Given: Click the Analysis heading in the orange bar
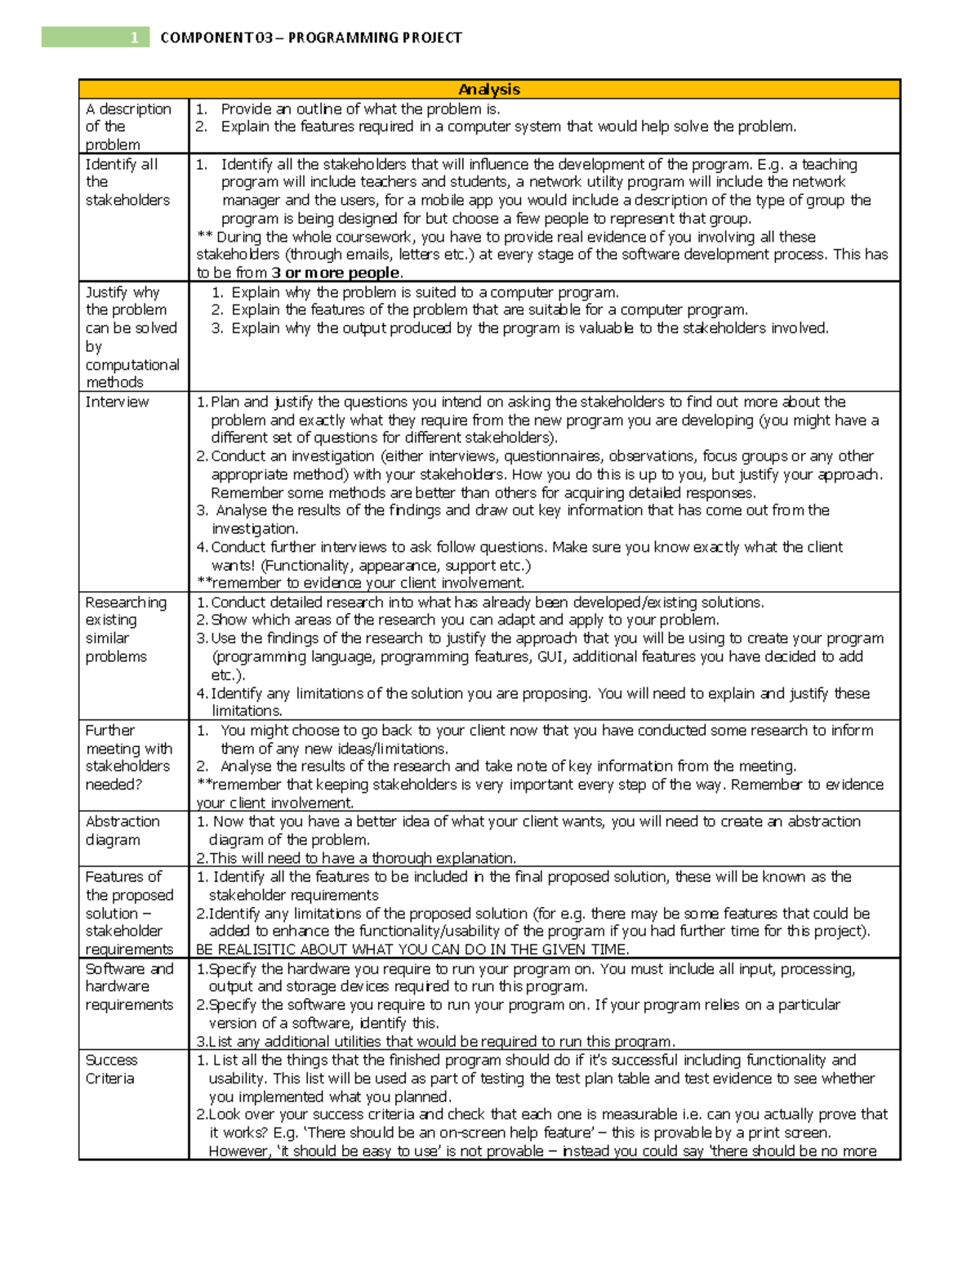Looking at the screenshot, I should (x=489, y=89).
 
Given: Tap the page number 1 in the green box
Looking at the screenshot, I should (x=134, y=38).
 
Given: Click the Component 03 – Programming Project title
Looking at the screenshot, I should (x=311, y=38).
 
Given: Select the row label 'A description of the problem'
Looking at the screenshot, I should (x=127, y=127).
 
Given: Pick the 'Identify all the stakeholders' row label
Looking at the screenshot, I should (x=127, y=182).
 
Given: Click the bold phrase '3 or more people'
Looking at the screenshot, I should (x=336, y=273).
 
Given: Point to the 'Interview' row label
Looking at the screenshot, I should (x=117, y=402).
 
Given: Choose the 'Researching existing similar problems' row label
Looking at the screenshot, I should (x=126, y=630).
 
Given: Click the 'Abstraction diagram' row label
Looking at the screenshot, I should (x=122, y=830).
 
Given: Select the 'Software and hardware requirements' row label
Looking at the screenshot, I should (x=129, y=987).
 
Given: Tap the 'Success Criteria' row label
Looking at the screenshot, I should (x=111, y=1069).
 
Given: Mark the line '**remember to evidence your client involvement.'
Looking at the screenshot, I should (x=360, y=583).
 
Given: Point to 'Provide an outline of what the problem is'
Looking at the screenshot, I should (x=360, y=109).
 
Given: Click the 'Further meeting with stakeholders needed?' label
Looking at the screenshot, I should (x=128, y=758).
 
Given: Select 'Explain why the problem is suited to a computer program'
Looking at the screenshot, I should (x=425, y=292).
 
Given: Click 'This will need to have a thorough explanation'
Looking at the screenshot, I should (x=356, y=858).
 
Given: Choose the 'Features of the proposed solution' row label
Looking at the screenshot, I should (x=129, y=913).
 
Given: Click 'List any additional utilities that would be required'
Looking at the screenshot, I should (x=436, y=1042).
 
